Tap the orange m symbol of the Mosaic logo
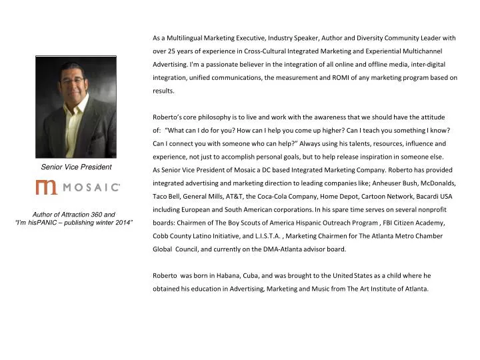47,187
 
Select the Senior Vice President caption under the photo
76,167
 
